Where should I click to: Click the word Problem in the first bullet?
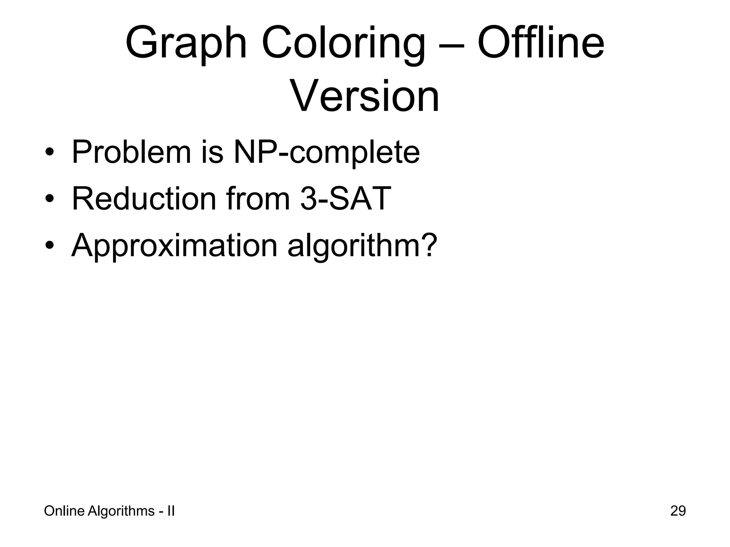point(131,152)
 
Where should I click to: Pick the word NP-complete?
point(326,152)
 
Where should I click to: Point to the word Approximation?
point(174,246)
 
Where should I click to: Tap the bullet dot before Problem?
point(50,153)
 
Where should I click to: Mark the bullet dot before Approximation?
point(50,246)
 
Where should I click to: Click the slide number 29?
point(678,511)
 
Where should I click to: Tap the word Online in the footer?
point(64,511)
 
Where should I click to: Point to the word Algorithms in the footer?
point(121,511)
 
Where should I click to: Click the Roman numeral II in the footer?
point(171,511)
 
